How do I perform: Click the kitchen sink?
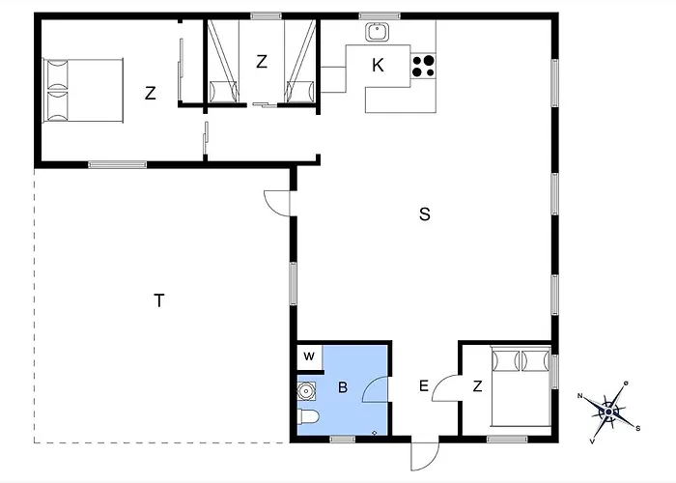pyautogui.click(x=377, y=32)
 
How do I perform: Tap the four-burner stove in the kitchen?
pyautogui.click(x=423, y=65)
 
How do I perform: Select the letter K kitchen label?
pyautogui.click(x=378, y=65)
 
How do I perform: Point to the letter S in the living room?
pyautogui.click(x=424, y=214)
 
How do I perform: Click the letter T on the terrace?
pyautogui.click(x=158, y=300)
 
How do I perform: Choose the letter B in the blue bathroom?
pyautogui.click(x=343, y=388)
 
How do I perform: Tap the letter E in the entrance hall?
pyautogui.click(x=423, y=386)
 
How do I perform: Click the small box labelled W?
pyautogui.click(x=309, y=356)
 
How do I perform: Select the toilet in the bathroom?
pyautogui.click(x=308, y=418)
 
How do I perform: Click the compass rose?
pyautogui.click(x=607, y=411)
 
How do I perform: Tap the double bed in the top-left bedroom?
pyautogui.click(x=84, y=88)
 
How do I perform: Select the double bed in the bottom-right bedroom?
pyautogui.click(x=521, y=386)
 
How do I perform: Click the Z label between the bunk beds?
pyautogui.click(x=262, y=62)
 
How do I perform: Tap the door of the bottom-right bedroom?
pyautogui.click(x=446, y=387)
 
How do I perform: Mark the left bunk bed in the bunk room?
pyautogui.click(x=223, y=61)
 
